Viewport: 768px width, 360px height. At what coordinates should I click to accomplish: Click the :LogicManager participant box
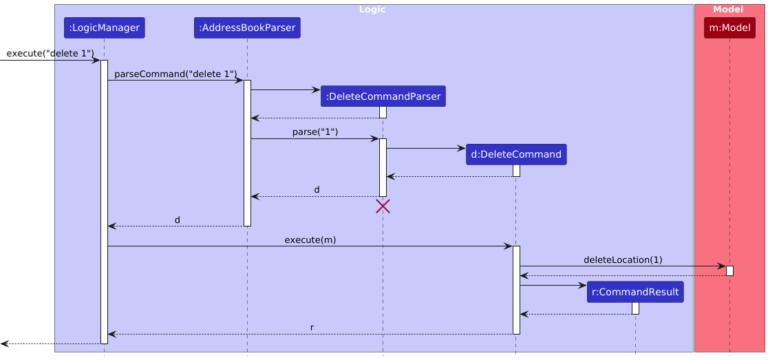point(104,28)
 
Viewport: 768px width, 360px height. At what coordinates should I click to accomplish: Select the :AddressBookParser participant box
point(247,28)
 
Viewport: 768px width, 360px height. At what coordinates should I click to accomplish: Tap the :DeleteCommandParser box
point(383,96)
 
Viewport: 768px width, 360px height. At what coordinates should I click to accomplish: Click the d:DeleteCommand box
point(515,154)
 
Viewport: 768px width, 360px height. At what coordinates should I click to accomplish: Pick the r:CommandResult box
point(635,292)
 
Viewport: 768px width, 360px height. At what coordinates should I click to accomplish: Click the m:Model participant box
point(729,28)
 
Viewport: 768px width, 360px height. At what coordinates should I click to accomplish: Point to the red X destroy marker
point(383,205)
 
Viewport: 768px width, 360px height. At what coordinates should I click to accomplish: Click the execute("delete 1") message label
point(50,54)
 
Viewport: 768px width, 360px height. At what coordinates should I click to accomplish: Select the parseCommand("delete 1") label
point(175,74)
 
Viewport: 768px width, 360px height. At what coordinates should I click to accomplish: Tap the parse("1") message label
point(315,132)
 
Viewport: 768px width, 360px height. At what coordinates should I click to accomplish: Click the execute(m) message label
point(310,240)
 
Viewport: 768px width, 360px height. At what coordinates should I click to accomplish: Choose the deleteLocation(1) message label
point(623,260)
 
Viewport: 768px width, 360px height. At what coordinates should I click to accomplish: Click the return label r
point(312,328)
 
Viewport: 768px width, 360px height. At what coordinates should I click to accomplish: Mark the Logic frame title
point(372,10)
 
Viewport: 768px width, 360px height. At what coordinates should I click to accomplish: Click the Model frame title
point(728,10)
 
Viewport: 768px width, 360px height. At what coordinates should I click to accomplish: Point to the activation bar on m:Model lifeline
point(729,271)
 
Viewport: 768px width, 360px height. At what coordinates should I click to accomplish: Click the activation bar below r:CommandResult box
point(635,308)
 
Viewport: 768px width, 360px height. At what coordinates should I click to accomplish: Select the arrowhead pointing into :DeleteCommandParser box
point(317,89)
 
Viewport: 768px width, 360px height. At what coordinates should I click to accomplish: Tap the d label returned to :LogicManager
point(177,220)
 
